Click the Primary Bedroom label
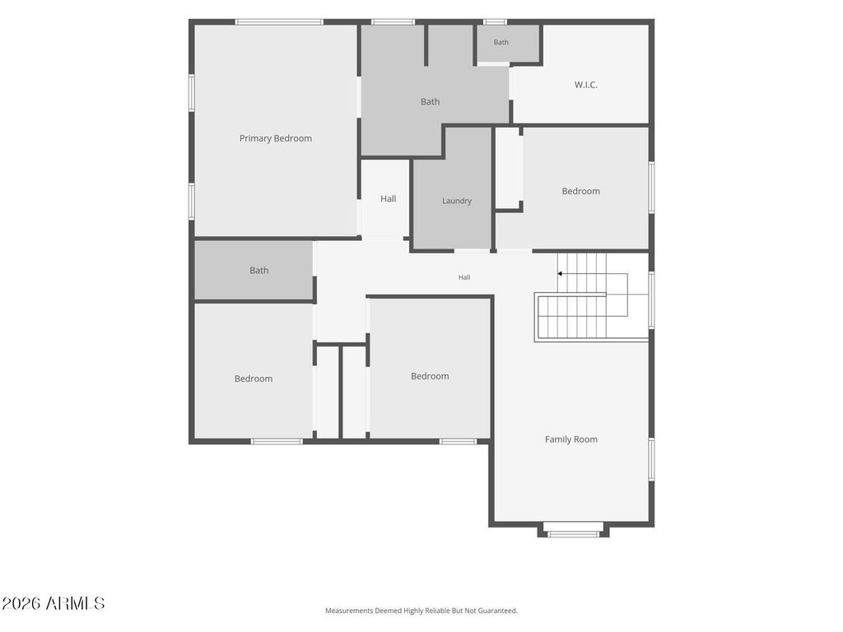click(x=275, y=138)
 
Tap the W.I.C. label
click(x=585, y=85)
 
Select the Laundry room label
click(x=456, y=201)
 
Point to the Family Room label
click(x=571, y=439)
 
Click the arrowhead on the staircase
click(x=560, y=273)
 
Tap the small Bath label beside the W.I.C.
click(x=501, y=42)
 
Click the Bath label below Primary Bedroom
click(x=258, y=270)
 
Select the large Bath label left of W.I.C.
click(x=430, y=101)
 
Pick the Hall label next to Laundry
click(x=389, y=199)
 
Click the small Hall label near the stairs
click(x=464, y=277)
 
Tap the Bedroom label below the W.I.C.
click(x=580, y=191)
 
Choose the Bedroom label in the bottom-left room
click(x=254, y=379)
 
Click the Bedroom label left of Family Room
click(x=430, y=376)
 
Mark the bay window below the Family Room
click(x=573, y=533)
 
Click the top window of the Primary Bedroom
click(x=278, y=22)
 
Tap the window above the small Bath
click(x=494, y=22)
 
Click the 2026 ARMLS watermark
click(x=53, y=603)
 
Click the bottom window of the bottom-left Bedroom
click(x=277, y=442)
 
